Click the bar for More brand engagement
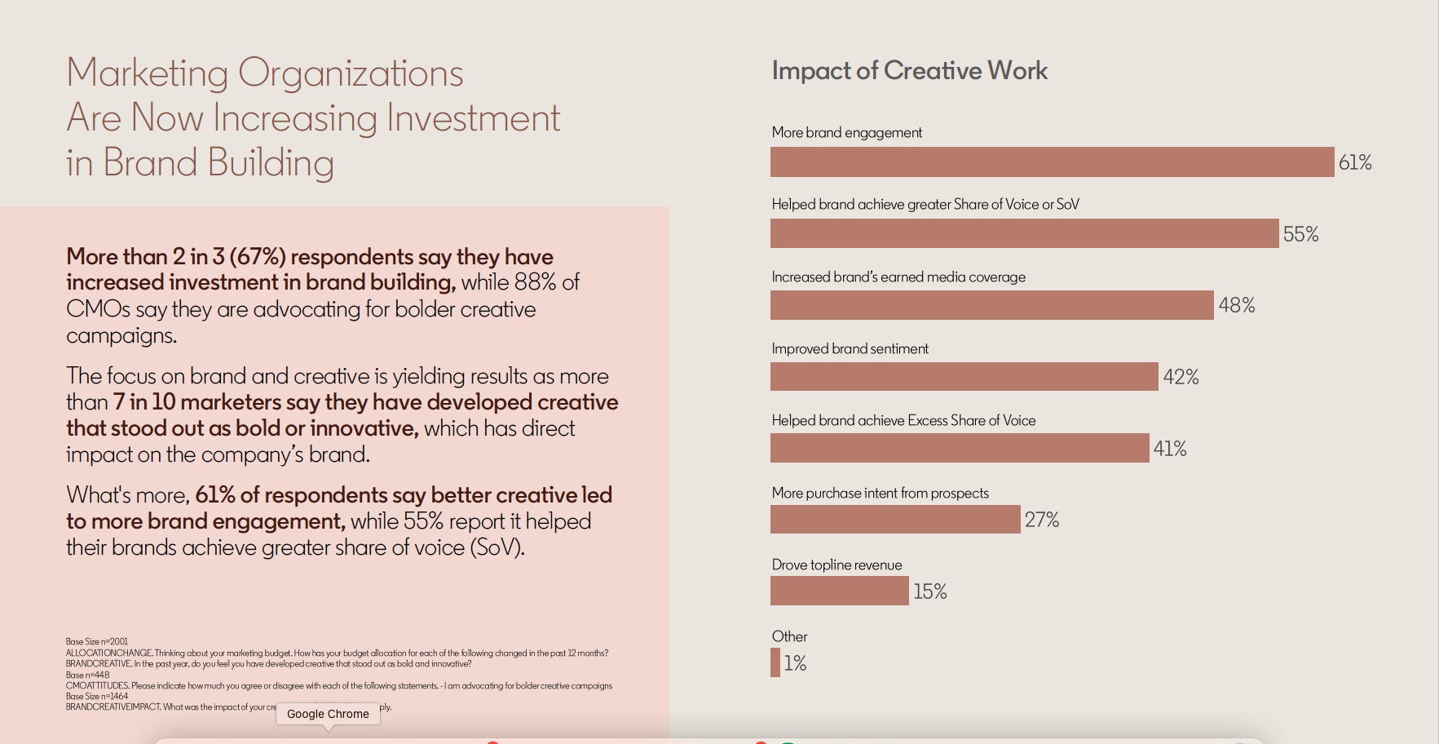click(x=1052, y=162)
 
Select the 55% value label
click(x=1300, y=235)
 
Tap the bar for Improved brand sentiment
click(x=964, y=377)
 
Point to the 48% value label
click(x=1236, y=306)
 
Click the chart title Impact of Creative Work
click(x=909, y=71)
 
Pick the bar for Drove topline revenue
click(x=839, y=591)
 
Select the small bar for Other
click(x=775, y=662)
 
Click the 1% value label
click(x=795, y=663)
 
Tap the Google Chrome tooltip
click(x=328, y=714)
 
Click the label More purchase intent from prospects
click(x=880, y=493)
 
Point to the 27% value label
click(x=1041, y=520)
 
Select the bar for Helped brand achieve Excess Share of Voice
click(x=960, y=449)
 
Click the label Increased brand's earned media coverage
click(x=898, y=277)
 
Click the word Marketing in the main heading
click(x=147, y=74)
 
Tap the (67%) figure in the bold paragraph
click(x=258, y=257)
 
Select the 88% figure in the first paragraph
click(x=535, y=282)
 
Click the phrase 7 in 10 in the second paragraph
click(x=144, y=402)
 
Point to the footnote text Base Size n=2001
click(x=97, y=642)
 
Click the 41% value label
click(x=1169, y=449)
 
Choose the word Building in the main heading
click(x=271, y=163)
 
